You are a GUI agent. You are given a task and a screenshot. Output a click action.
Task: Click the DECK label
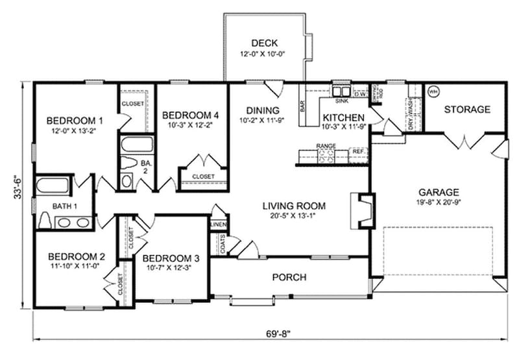tap(264, 43)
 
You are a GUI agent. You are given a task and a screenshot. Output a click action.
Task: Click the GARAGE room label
tap(439, 192)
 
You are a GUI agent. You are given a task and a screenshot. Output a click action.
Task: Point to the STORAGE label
tap(466, 110)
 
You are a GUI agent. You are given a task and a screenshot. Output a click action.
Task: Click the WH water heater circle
tap(433, 91)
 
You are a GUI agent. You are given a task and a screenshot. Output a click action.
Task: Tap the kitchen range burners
tap(325, 154)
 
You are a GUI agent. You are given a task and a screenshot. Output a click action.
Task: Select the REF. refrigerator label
tap(357, 151)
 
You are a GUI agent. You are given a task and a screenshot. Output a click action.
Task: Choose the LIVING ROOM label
tap(293, 206)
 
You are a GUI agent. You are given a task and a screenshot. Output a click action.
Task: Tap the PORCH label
tap(289, 278)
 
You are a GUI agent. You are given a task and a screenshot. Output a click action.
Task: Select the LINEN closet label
tap(218, 224)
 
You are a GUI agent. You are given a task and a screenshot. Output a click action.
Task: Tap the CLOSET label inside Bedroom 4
tap(203, 176)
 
